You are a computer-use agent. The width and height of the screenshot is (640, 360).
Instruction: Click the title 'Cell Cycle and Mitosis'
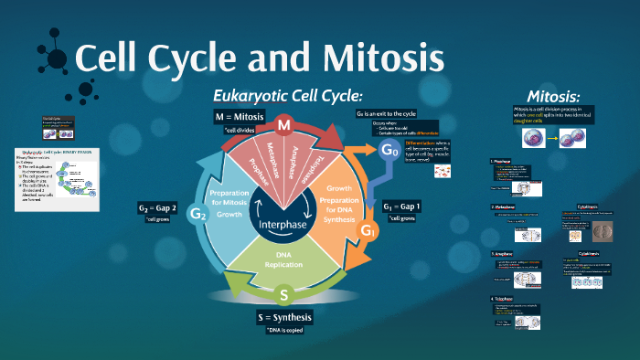(x=259, y=59)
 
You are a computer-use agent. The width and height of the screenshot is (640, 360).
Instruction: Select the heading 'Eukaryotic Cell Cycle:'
(x=288, y=96)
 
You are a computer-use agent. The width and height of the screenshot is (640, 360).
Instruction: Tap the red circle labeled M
(x=284, y=124)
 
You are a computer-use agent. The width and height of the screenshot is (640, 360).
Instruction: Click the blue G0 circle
(x=390, y=149)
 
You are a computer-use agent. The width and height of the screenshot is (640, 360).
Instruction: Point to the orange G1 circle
(x=368, y=230)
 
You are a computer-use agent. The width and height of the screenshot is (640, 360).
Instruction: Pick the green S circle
(x=283, y=295)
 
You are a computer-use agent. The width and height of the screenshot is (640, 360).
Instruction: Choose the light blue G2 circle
(x=197, y=214)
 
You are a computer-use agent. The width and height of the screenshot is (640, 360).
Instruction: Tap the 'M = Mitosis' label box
(x=239, y=117)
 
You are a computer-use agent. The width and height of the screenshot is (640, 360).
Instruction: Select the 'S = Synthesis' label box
(x=283, y=317)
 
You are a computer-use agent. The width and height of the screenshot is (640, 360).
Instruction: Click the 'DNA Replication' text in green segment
(x=283, y=259)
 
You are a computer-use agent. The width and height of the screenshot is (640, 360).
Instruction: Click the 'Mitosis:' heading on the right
(x=553, y=97)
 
